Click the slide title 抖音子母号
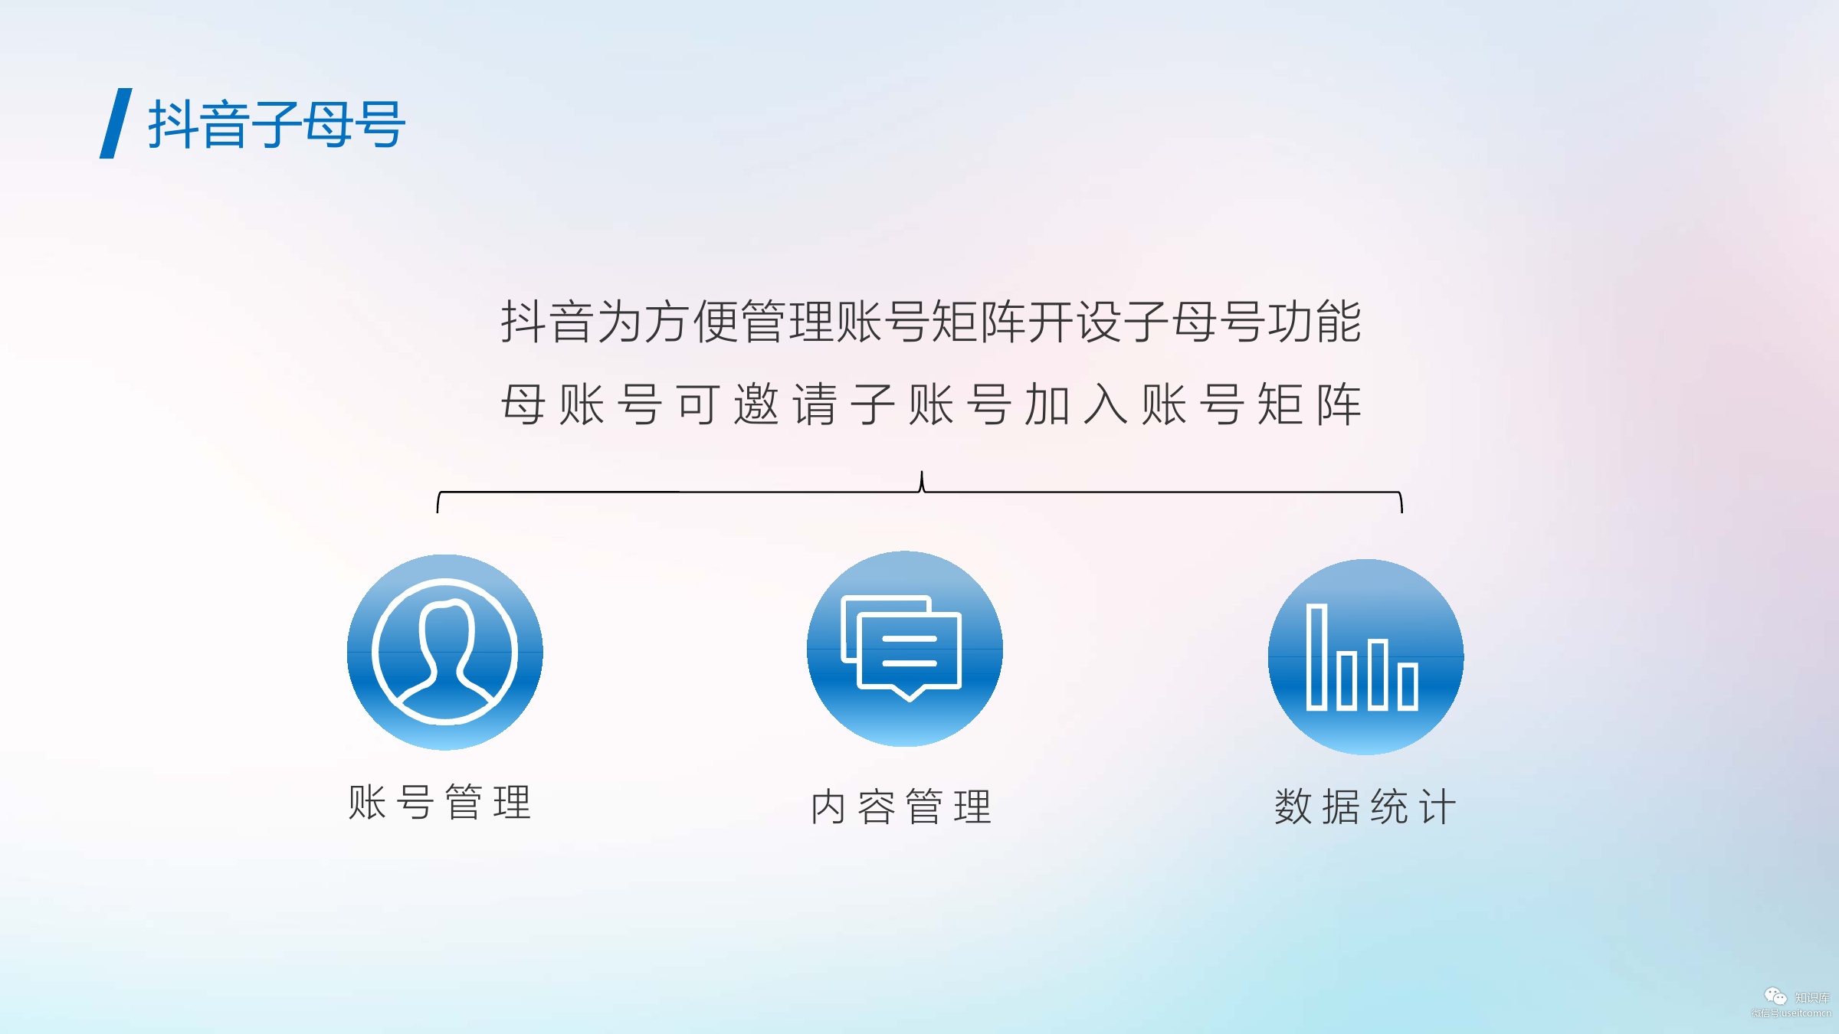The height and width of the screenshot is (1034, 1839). pyautogui.click(x=277, y=124)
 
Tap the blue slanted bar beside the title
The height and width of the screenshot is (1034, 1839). pyautogui.click(x=116, y=123)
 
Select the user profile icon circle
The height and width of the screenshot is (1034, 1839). pyautogui.click(x=445, y=652)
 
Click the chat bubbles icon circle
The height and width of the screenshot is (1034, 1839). pyautogui.click(x=905, y=649)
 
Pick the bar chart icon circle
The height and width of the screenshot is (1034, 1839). pyautogui.click(x=1366, y=657)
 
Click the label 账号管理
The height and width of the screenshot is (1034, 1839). pyautogui.click(x=440, y=803)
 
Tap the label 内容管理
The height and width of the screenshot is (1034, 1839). pyautogui.click(x=902, y=807)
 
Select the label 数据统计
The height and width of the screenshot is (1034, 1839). pyautogui.click(x=1365, y=807)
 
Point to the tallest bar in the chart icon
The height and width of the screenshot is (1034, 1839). pyautogui.click(x=1316, y=657)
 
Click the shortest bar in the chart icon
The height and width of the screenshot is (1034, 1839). pyautogui.click(x=1408, y=686)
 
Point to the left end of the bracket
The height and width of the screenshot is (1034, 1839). pyautogui.click(x=438, y=512)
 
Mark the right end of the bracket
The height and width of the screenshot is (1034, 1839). pyautogui.click(x=1401, y=512)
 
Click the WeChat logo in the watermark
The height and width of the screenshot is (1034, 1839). pyautogui.click(x=1775, y=996)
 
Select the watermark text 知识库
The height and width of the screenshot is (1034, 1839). pyautogui.click(x=1811, y=998)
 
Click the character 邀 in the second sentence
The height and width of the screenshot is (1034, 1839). pyautogui.click(x=756, y=404)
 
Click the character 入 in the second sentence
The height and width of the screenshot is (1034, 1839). pyautogui.click(x=1106, y=404)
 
